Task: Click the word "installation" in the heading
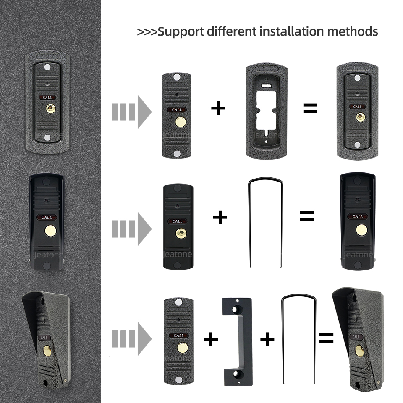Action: pos(292,31)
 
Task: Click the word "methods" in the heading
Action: pos(353,31)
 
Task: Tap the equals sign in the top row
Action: pos(310,108)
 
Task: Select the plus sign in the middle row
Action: pos(220,217)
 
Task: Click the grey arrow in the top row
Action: pos(131,112)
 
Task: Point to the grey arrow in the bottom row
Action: pos(131,339)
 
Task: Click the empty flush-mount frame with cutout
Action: pos(266,111)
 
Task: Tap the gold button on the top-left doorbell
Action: pos(51,109)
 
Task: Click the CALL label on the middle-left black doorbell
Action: pos(47,217)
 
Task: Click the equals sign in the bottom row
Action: pos(326,338)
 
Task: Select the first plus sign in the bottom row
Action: pos(211,339)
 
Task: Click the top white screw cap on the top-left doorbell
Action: pos(47,68)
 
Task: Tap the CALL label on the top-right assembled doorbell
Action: pos(357,107)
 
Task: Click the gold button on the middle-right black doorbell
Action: pos(361,230)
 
